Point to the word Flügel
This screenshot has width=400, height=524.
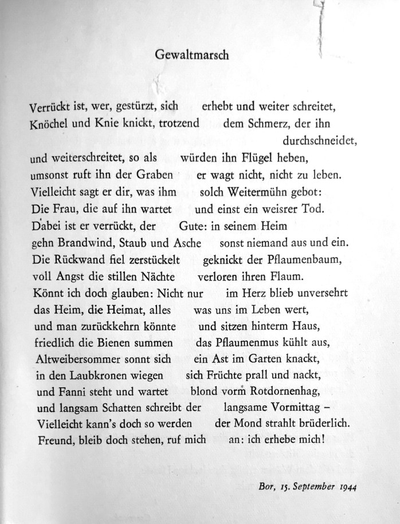pos(258,156)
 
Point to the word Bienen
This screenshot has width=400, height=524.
pos(100,343)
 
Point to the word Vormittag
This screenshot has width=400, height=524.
pos(301,410)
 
